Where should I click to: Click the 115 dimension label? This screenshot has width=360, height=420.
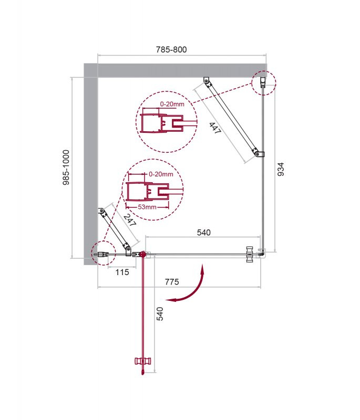[x=122, y=272]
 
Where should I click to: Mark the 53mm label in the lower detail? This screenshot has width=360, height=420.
[x=147, y=207]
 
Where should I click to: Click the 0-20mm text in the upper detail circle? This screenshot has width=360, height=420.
[x=172, y=104]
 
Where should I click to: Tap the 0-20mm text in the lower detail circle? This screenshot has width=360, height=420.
[x=160, y=174]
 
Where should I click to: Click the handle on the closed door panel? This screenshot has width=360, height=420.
[x=250, y=254]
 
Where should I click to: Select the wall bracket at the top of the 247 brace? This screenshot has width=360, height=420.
[x=102, y=213]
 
